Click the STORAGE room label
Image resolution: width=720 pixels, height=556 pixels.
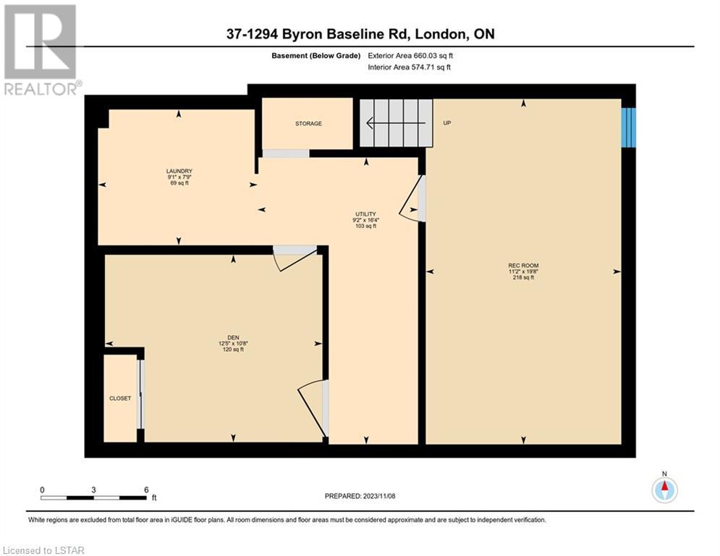308,124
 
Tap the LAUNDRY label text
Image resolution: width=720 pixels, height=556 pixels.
179,171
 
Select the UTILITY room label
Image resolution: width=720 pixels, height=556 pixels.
365,214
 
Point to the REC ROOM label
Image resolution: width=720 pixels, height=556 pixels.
523,266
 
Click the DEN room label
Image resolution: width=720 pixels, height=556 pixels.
233,338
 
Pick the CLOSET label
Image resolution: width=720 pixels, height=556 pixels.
120,398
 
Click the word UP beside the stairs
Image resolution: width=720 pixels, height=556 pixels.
446,123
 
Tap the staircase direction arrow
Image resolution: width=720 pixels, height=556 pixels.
396,123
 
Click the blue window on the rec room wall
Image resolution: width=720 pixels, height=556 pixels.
629,127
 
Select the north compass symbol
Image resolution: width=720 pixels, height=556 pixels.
664,489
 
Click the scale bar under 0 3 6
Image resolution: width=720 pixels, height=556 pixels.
93,497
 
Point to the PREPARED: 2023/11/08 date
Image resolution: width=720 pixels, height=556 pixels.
360,496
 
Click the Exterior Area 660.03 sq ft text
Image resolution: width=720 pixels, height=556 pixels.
410,56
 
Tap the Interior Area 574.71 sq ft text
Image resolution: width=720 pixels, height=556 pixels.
409,67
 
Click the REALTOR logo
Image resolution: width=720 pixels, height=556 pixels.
41,50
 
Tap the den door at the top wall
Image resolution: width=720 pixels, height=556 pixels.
295,257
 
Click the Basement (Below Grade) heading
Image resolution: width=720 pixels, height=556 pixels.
316,56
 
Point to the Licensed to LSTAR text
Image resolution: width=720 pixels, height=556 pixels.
43,550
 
